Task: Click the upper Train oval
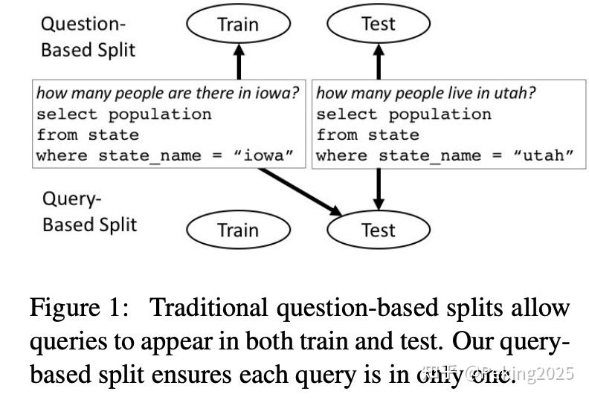pos(238,24)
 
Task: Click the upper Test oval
pos(378,24)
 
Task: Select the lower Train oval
pos(237,230)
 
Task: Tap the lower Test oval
pos(378,230)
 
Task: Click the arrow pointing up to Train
pos(238,61)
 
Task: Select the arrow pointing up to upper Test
pos(378,61)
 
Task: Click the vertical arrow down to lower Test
pos(378,189)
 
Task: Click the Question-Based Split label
pos(88,37)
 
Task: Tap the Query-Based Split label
pos(89,212)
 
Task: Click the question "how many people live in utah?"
pos(426,94)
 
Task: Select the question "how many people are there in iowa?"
pos(168,94)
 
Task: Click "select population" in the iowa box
pos(123,114)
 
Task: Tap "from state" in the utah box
pos(367,135)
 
